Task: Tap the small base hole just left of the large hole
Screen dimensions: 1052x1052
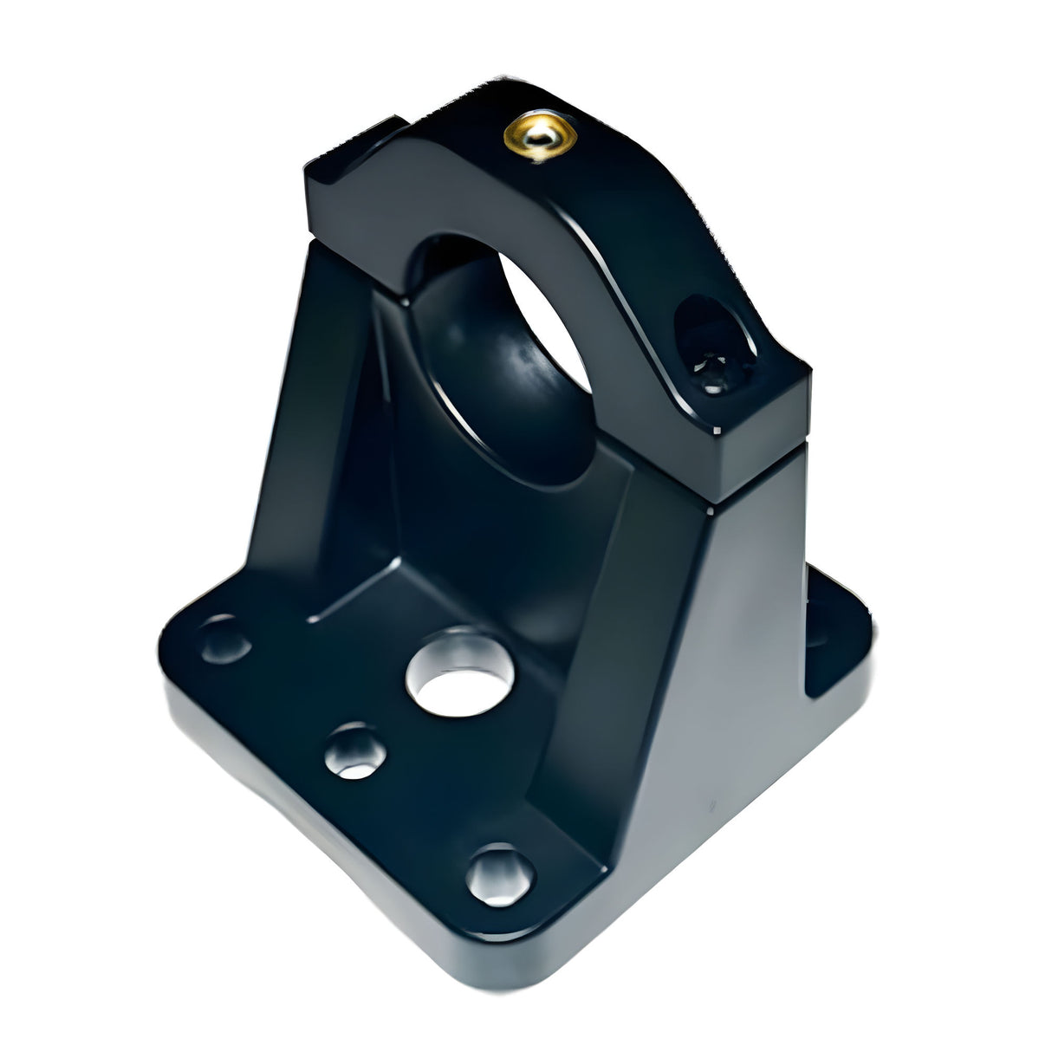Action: pyautogui.click(x=354, y=750)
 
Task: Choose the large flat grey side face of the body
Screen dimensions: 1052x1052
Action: pyautogui.click(x=719, y=676)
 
